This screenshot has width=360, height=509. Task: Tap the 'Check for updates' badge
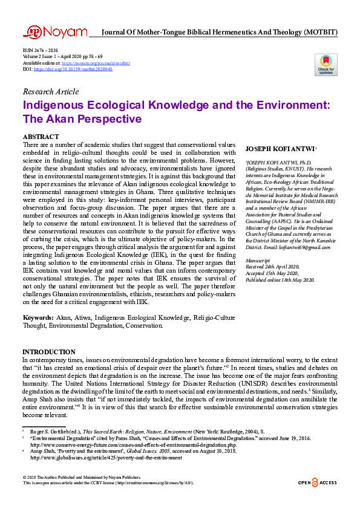pyautogui.click(x=326, y=65)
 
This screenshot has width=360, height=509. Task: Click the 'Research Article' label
pyautogui.click(x=50, y=92)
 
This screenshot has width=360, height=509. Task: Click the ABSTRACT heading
pyautogui.click(x=41, y=137)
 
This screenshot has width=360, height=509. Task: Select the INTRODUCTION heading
pyautogui.click(x=49, y=352)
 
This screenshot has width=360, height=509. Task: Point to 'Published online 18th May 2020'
pyautogui.click(x=280, y=280)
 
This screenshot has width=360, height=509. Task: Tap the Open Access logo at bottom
pyautogui.click(x=317, y=482)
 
